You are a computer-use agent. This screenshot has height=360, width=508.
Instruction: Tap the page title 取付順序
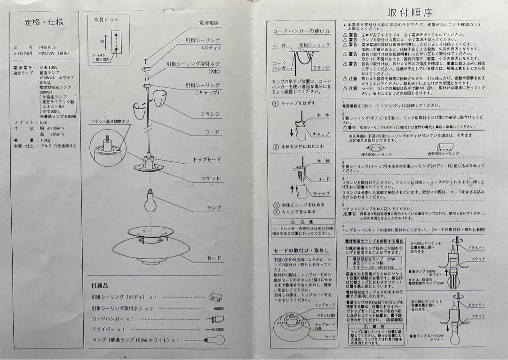click(x=410, y=12)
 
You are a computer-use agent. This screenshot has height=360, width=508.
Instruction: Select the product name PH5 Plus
click(x=48, y=48)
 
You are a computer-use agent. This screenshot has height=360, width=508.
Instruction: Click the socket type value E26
click(x=44, y=121)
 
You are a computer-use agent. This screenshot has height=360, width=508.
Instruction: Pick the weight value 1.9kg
click(x=46, y=140)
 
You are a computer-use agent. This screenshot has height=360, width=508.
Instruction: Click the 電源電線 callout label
click(x=208, y=23)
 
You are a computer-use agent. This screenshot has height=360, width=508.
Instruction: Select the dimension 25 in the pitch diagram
click(x=101, y=42)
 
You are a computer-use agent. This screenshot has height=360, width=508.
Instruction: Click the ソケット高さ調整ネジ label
click(x=110, y=121)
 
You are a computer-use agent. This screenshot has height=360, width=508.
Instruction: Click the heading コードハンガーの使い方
click(x=302, y=31)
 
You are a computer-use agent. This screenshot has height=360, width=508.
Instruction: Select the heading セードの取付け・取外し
click(x=301, y=250)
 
